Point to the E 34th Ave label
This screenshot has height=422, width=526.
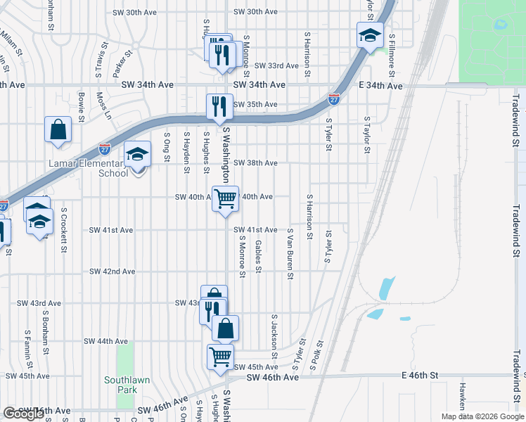pyautogui.click(x=380, y=86)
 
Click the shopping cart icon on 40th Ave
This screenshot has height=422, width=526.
pyautogui.click(x=225, y=199)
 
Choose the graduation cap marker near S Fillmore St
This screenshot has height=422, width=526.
pyautogui.click(x=369, y=35)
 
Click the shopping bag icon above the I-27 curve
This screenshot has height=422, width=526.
pyautogui.click(x=58, y=129)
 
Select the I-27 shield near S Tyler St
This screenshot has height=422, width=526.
pyautogui.click(x=334, y=100)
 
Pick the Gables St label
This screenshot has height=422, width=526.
pyautogui.click(x=258, y=256)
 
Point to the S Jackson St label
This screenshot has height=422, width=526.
pyautogui.click(x=274, y=331)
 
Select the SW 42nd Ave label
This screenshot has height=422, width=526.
pyautogui.click(x=112, y=271)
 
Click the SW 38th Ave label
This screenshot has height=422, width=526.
pyautogui.click(x=255, y=162)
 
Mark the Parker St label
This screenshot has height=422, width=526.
pyautogui.click(x=123, y=63)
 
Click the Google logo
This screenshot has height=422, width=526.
pyautogui.click(x=23, y=414)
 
